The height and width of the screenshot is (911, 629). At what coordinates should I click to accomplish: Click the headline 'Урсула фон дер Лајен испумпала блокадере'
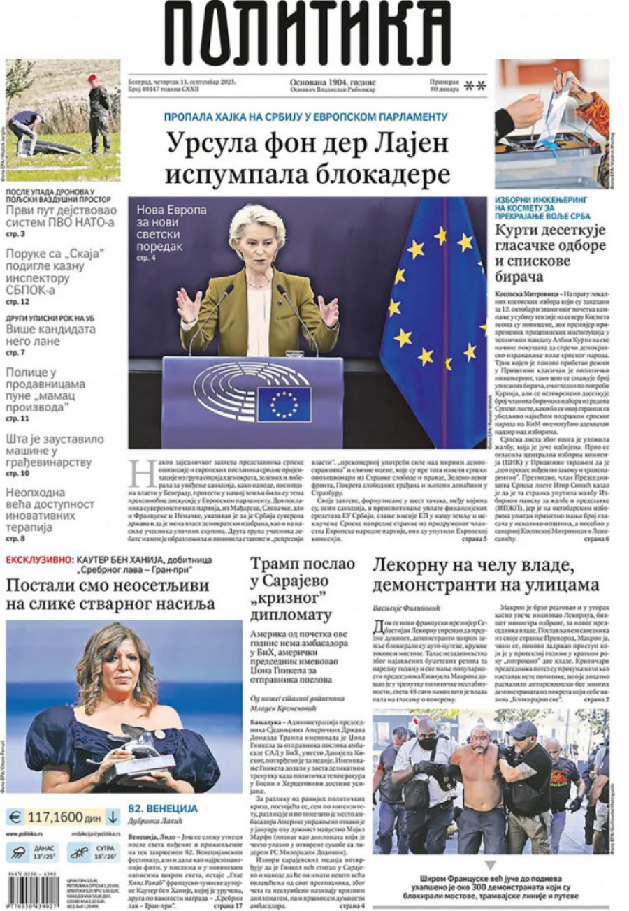308,159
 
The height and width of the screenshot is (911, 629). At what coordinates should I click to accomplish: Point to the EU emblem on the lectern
284,404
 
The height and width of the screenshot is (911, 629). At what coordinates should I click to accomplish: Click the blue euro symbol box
15,816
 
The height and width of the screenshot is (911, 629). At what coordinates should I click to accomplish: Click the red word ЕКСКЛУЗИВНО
38,560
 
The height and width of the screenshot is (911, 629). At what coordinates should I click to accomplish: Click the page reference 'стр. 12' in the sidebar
17,302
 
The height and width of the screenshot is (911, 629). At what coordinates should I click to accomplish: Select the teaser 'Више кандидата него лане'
50,336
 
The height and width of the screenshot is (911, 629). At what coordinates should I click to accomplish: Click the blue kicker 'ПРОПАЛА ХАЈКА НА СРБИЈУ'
305,117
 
